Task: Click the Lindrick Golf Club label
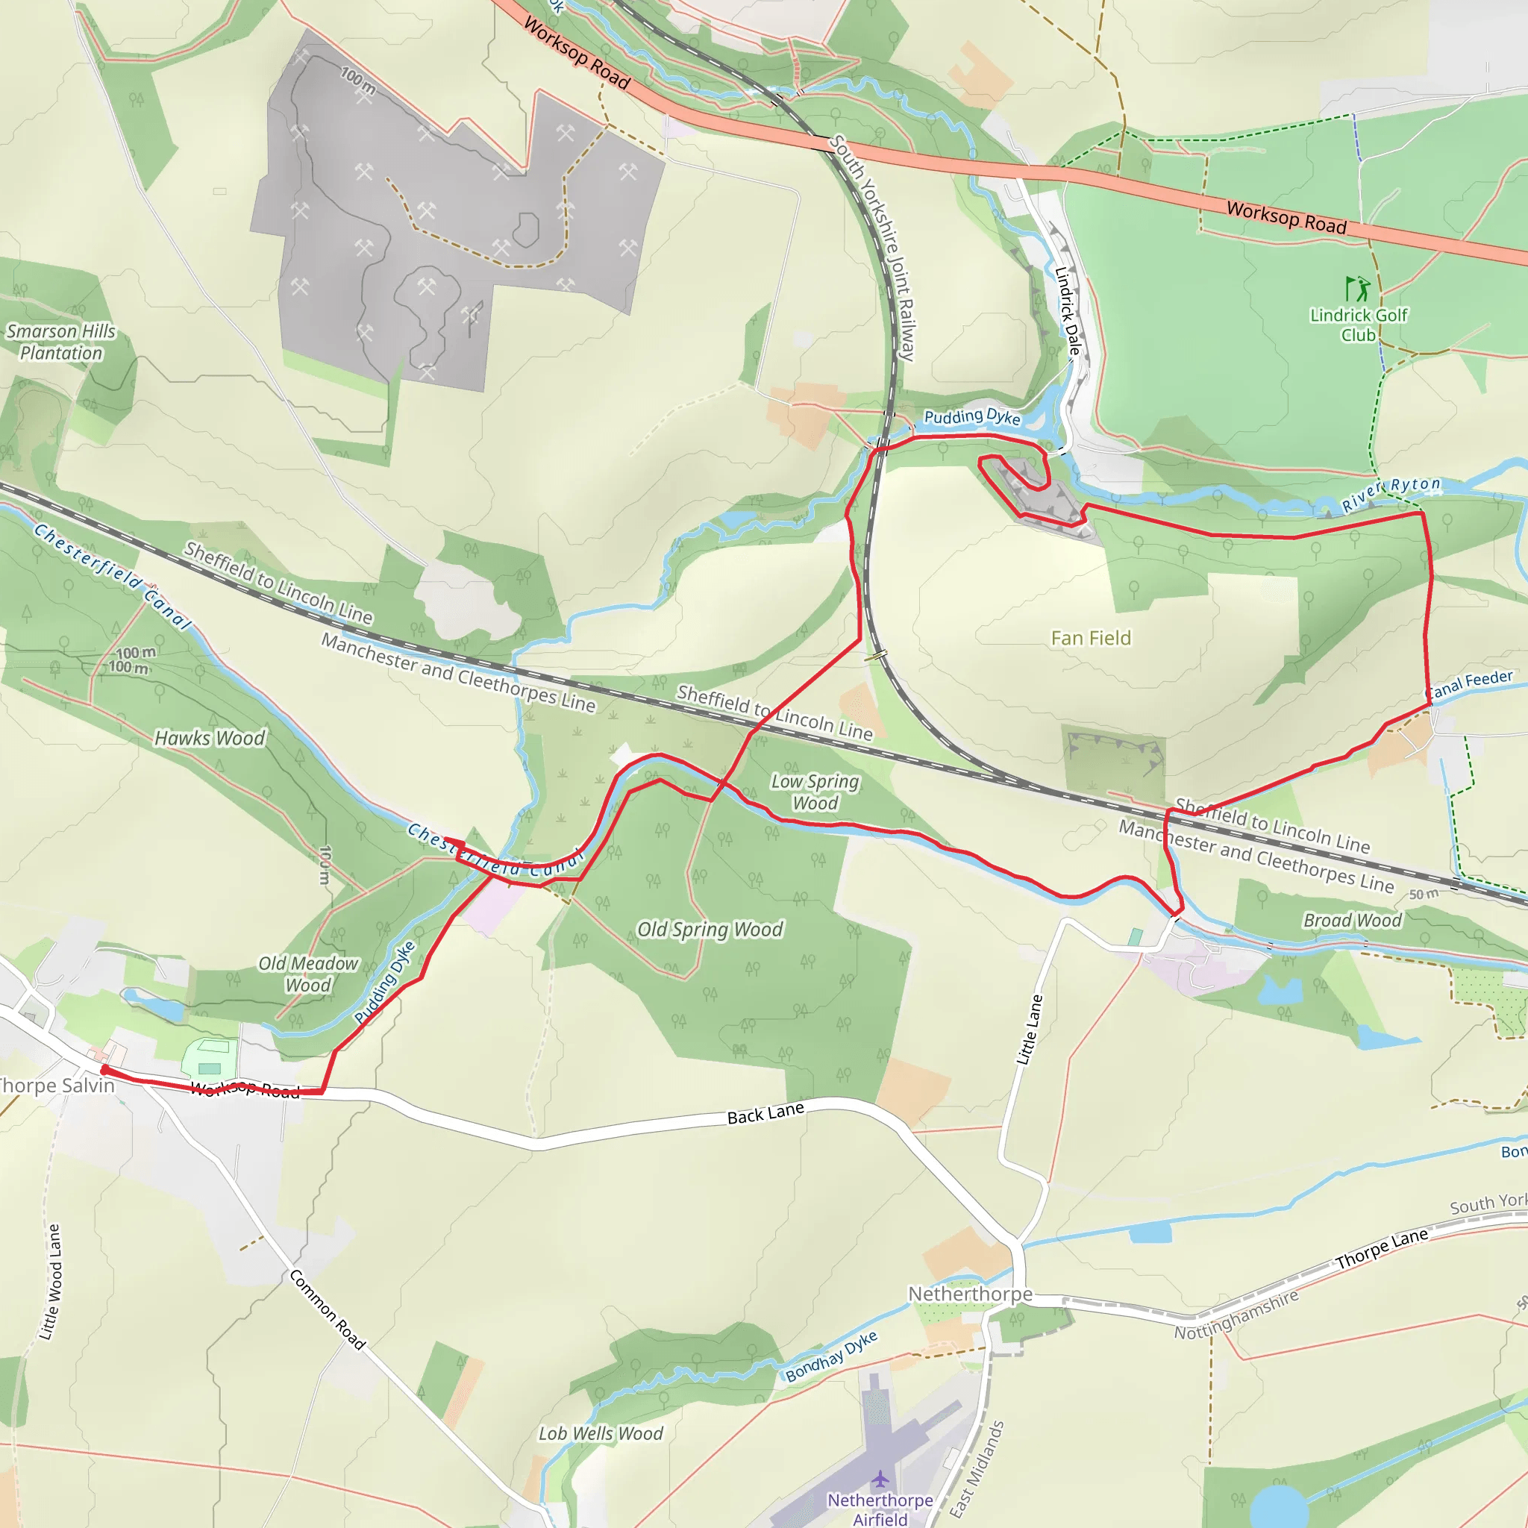pos(1358,325)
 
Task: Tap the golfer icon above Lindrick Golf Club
pos(1357,289)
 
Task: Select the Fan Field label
pos(1091,638)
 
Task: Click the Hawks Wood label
pos(210,738)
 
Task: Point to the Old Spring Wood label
pos(710,930)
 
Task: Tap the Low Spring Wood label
pos(815,792)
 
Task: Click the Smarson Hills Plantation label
pos(61,342)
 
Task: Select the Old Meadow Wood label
pos(308,974)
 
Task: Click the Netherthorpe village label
pos(970,1294)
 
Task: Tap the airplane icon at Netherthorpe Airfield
pos(880,1478)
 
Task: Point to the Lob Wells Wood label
pos(601,1433)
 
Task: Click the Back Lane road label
pos(765,1112)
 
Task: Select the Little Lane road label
pos(1029,1030)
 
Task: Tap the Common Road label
pos(328,1309)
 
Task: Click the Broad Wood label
pos(1352,921)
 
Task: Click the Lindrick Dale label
pos(1067,311)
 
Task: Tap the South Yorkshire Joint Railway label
pos(874,247)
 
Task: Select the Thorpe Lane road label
pos(1382,1248)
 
